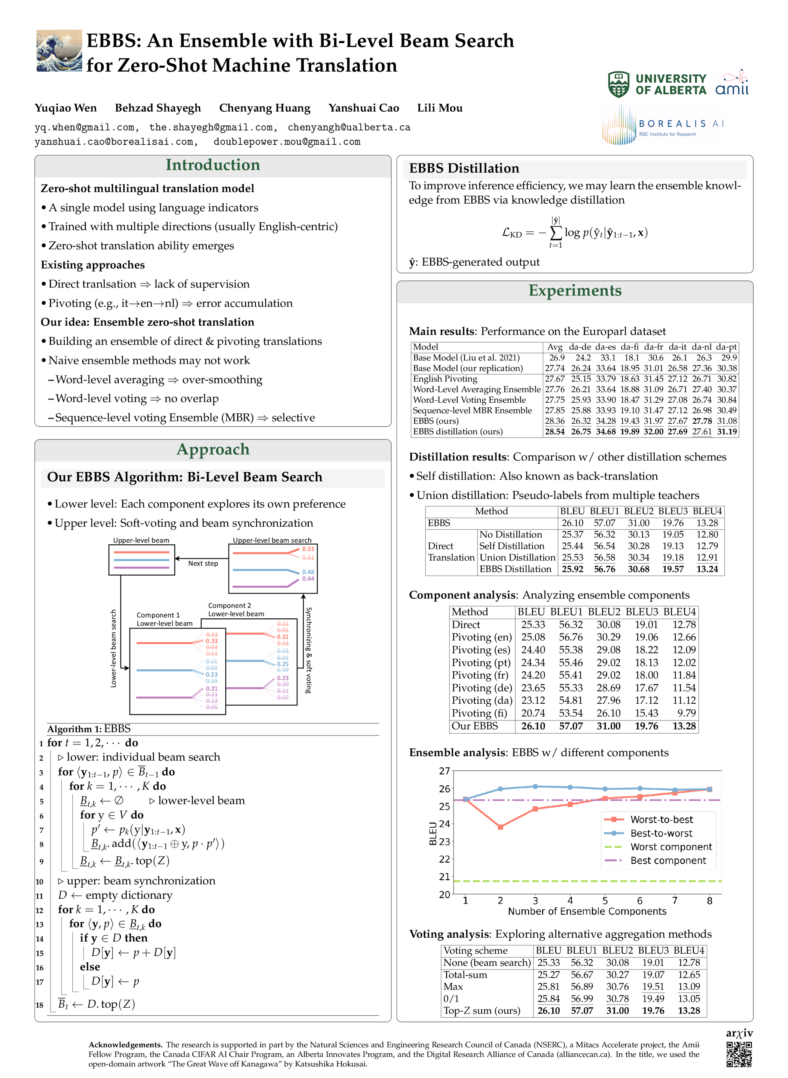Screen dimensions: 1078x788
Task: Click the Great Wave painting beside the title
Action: click(x=59, y=51)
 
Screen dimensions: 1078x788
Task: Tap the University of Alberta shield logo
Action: click(x=618, y=85)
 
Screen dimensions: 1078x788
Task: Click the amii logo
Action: click(x=732, y=83)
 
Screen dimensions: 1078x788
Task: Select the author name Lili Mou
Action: click(x=439, y=108)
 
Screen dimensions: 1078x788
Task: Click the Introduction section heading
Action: click(x=213, y=165)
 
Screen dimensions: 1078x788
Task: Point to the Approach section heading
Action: click(x=213, y=450)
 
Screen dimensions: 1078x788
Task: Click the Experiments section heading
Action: click(x=575, y=290)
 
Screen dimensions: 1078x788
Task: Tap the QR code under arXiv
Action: click(x=739, y=1054)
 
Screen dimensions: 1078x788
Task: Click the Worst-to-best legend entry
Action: click(x=661, y=820)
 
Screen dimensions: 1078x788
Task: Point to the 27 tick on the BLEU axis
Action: click(x=445, y=771)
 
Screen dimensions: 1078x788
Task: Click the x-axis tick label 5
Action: click(x=605, y=901)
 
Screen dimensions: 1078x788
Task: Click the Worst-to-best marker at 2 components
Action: click(x=500, y=827)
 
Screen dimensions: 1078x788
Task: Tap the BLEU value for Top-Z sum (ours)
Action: click(x=549, y=1011)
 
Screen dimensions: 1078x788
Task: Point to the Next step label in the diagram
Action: click(x=203, y=564)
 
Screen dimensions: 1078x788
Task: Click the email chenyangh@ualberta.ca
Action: click(x=349, y=127)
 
